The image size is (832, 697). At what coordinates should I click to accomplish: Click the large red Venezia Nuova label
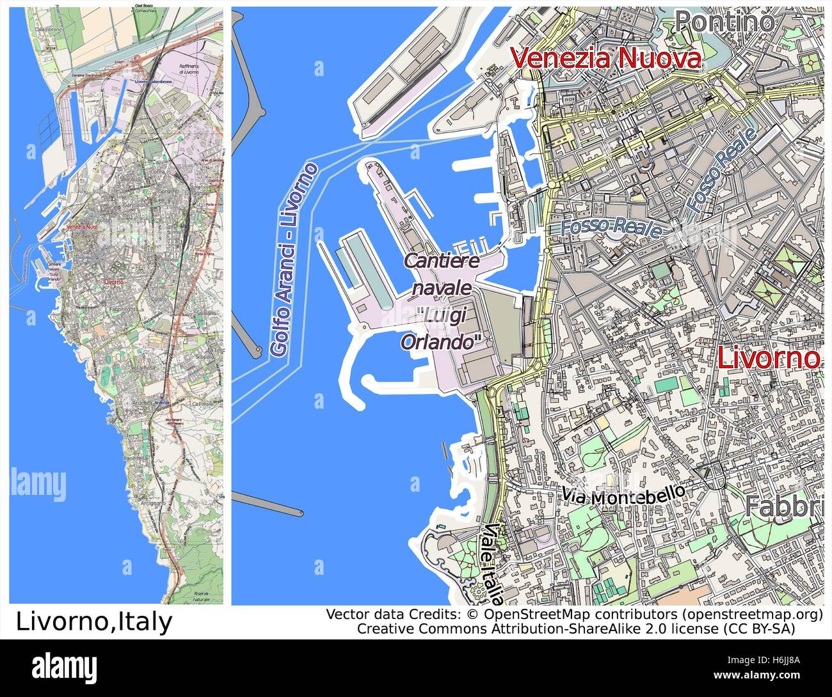point(606,59)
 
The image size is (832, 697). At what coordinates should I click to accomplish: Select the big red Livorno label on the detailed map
point(768,358)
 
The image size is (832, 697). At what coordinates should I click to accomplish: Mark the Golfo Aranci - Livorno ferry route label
point(294,260)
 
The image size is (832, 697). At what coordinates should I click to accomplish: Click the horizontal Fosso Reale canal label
point(611,228)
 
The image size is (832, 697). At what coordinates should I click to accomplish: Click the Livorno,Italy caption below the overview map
point(93,622)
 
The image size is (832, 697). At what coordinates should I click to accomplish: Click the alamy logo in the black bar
point(64,666)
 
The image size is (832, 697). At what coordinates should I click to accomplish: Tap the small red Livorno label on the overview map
point(113,281)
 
